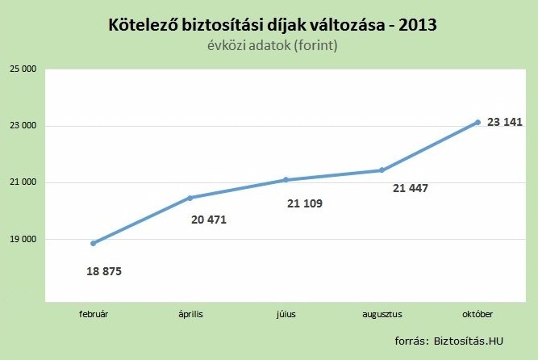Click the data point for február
click(94, 243)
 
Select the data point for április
click(190, 198)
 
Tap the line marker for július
click(286, 179)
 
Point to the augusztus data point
click(382, 170)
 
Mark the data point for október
click(478, 122)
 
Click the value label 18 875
click(104, 271)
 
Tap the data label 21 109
click(304, 203)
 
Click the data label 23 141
click(505, 123)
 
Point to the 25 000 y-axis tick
click(22, 69)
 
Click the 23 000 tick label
click(22, 126)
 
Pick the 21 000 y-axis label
click(22, 182)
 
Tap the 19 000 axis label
click(22, 240)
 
